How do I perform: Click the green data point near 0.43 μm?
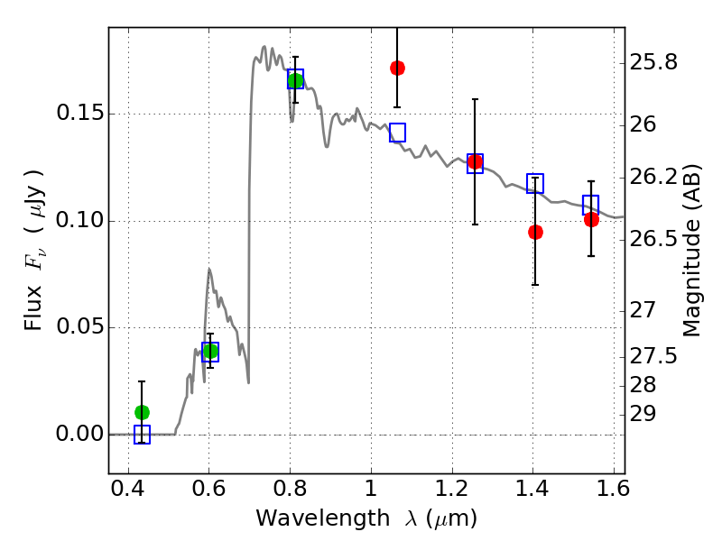142,412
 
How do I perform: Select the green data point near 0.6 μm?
210,351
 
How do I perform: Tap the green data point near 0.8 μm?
295,80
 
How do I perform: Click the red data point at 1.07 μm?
397,68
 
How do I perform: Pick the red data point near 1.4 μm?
535,232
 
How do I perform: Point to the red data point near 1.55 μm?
591,219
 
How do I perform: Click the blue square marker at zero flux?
142,435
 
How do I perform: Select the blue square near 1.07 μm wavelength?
397,133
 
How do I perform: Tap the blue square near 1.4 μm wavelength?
535,184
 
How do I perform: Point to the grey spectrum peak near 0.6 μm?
209,269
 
